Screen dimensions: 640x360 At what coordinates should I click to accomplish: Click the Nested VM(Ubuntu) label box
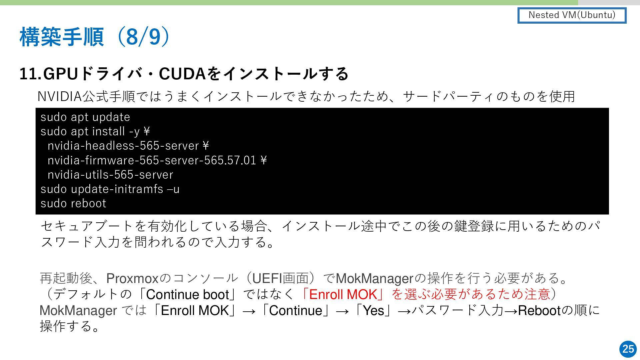[x=572, y=15]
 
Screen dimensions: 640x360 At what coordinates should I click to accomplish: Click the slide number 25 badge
[x=628, y=349]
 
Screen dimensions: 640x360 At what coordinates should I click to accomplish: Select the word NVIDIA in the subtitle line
[x=60, y=96]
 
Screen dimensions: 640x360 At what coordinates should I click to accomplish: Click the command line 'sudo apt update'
[x=85, y=117]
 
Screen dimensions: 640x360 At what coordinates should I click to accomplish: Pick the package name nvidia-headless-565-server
[x=123, y=146]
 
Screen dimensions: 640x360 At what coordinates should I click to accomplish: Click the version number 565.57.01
[x=230, y=160]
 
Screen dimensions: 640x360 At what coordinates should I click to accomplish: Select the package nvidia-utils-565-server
[x=110, y=175]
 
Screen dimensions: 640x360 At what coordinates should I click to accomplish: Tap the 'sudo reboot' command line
[x=73, y=203]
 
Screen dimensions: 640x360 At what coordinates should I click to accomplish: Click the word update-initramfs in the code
[x=117, y=189]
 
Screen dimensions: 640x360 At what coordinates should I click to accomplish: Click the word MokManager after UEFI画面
[x=374, y=278]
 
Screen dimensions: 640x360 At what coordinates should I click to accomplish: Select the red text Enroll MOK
[x=343, y=294]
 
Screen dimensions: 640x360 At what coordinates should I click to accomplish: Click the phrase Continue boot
[x=187, y=294]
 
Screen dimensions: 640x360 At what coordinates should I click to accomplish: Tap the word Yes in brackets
[x=373, y=310]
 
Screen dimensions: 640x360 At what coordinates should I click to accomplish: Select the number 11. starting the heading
[x=30, y=74]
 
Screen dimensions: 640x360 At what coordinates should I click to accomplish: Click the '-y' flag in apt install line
[x=134, y=132]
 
